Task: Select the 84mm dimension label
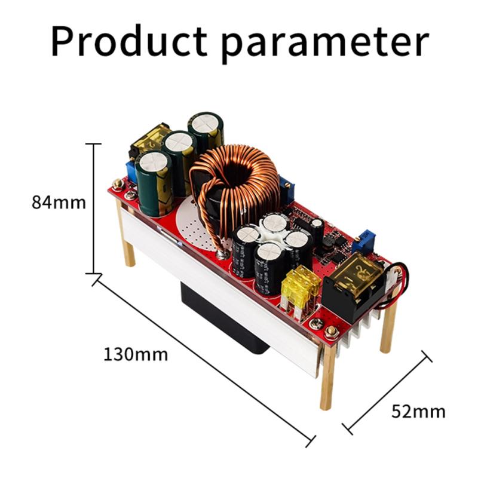(59, 203)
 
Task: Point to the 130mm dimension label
(136, 354)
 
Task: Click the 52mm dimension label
(418, 412)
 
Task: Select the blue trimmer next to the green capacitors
(129, 170)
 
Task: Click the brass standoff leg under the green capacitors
(126, 239)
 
